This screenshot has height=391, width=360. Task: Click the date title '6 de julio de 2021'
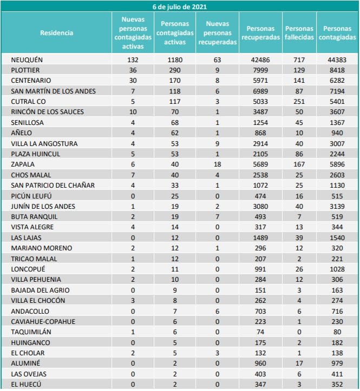click(180, 6)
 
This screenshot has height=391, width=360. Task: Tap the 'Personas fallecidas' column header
click(299, 33)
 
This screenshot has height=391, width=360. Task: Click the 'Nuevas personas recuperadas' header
click(218, 33)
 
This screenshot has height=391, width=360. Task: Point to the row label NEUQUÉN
click(27, 59)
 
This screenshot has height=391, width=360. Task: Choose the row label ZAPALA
click(22, 164)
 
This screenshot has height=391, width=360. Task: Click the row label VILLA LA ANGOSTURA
click(44, 143)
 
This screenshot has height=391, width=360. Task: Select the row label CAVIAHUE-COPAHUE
click(43, 322)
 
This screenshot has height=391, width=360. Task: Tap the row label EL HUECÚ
click(26, 385)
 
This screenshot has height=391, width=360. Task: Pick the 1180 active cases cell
click(175, 59)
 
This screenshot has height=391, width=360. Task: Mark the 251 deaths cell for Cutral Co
click(299, 101)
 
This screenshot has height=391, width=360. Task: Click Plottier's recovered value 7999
click(261, 70)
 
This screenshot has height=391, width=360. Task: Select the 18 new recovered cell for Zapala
click(218, 164)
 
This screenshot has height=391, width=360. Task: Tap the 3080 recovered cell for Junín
click(261, 206)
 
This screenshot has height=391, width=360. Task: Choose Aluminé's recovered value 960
click(261, 363)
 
